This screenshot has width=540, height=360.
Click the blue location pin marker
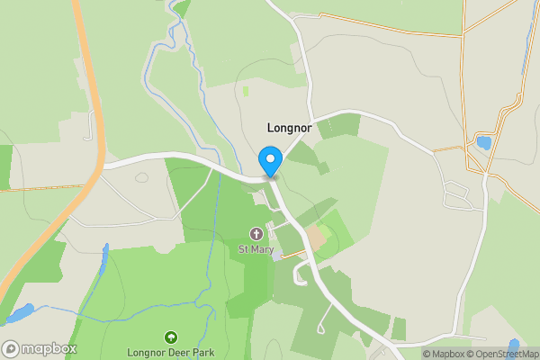coord(270,161)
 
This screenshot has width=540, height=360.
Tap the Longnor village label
coord(289,128)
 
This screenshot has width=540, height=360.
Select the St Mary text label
coord(256,248)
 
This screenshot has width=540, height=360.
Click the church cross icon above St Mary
coord(256,234)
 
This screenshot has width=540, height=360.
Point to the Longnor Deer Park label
coord(170,352)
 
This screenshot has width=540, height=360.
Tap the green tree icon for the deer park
coord(170,337)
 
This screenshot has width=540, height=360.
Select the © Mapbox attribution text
coord(445,354)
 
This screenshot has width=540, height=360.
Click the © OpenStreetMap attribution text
coord(503,354)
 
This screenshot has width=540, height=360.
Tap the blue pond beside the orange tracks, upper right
coord(483,142)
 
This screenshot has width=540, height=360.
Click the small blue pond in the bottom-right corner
coord(514,346)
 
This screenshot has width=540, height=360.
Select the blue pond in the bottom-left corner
coord(20,313)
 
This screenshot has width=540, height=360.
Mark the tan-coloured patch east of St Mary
coord(316,238)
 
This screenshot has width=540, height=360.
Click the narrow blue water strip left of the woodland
coord(104,261)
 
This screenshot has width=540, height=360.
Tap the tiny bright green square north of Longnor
coord(245,90)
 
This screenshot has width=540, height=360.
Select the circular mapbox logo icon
coord(12,348)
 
